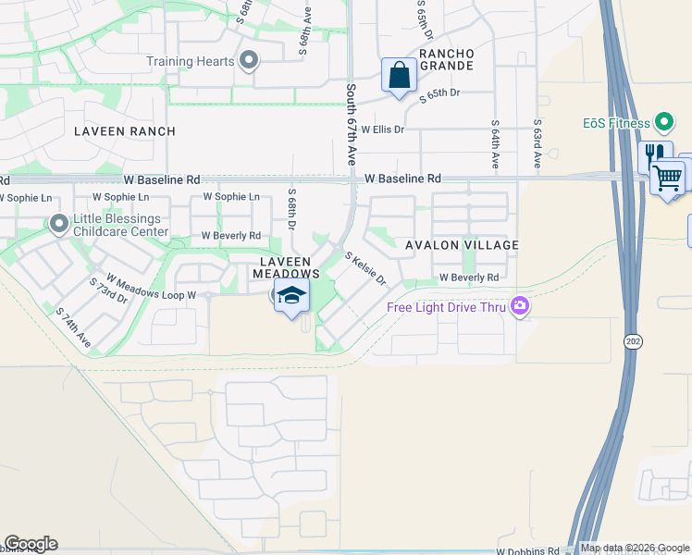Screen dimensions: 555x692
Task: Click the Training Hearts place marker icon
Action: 248,62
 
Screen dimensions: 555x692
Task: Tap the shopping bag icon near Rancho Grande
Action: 400,75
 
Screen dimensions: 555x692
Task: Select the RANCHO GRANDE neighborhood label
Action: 447,60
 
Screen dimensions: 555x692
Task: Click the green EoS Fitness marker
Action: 663,122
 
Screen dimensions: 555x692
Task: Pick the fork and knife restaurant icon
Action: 654,154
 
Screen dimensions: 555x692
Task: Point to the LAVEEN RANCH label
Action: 125,131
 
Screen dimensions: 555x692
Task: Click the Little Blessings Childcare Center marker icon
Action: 59,224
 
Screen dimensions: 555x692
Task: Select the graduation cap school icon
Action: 292,297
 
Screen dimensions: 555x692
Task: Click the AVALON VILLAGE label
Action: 462,245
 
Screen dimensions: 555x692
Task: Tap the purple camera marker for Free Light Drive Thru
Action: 520,306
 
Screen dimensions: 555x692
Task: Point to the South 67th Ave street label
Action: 352,125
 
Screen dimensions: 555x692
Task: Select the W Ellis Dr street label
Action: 383,129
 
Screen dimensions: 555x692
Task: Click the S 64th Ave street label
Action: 496,144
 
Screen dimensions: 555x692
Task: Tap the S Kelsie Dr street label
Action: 365,268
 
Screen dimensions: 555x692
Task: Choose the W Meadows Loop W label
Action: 151,287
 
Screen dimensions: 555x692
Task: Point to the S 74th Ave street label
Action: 73,327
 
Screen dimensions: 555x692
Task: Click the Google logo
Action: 31,544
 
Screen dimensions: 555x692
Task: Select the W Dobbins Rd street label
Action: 528,551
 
